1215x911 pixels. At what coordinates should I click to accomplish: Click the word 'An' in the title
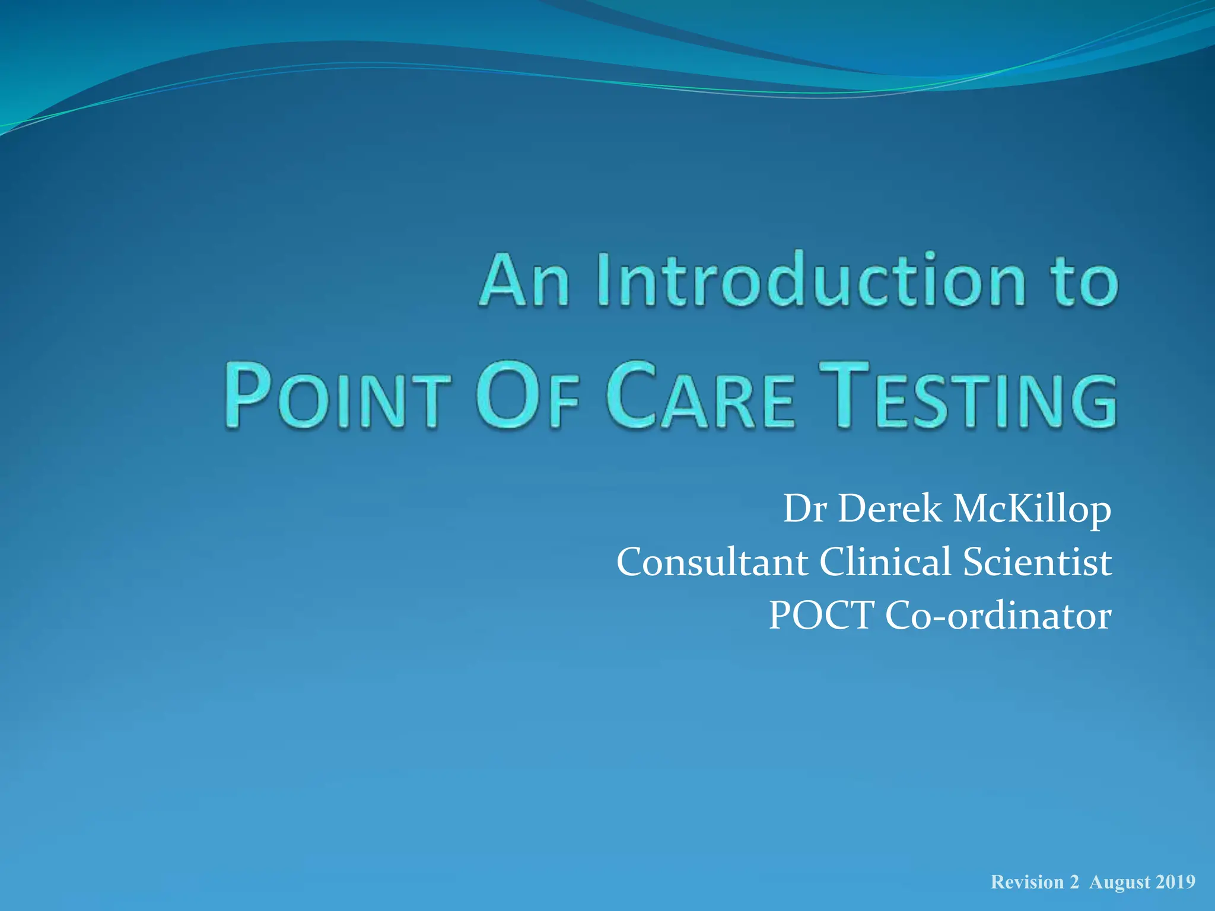coord(524,280)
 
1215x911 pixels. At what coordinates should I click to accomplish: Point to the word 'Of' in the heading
coord(527,396)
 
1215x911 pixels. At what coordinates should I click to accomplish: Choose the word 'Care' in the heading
coord(700,396)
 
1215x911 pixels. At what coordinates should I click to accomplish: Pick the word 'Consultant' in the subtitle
coord(712,562)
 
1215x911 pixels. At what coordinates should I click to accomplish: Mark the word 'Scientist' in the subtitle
coord(1037,562)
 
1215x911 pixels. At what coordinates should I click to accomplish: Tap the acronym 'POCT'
coord(822,615)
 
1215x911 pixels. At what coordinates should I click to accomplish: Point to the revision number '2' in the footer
coord(1074,883)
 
